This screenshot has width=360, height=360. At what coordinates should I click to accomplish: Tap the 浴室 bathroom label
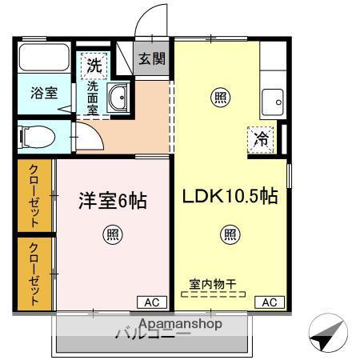tap(44, 92)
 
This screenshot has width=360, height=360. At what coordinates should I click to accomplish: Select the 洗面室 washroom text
tap(94, 96)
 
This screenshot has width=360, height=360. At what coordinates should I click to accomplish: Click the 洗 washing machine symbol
tap(94, 65)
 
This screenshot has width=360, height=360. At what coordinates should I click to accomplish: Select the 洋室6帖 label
tap(112, 201)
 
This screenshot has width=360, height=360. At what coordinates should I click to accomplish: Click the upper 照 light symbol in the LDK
tap(218, 98)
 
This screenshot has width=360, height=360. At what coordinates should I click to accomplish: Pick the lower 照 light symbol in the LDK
tap(230, 234)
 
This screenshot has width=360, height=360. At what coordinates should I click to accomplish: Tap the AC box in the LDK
tap(269, 302)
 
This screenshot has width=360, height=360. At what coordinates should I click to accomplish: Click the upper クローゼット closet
tap(34, 196)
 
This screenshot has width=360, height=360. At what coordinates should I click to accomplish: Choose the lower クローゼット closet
tap(34, 274)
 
